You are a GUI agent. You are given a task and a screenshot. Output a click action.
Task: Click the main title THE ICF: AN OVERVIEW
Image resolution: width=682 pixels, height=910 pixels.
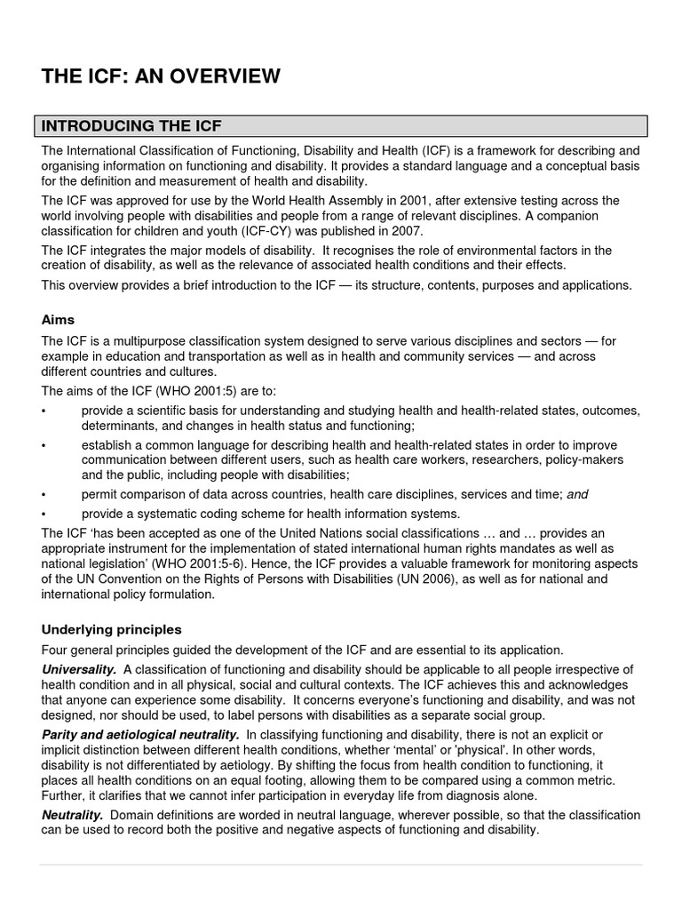pyautogui.click(x=161, y=77)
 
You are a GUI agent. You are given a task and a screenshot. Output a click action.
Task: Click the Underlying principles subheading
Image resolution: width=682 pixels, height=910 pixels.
pyautogui.click(x=111, y=629)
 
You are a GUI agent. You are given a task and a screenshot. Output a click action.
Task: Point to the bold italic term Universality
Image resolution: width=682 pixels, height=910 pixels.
pyautogui.click(x=79, y=668)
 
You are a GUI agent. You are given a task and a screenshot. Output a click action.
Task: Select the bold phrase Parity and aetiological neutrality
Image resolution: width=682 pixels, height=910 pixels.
pyautogui.click(x=140, y=734)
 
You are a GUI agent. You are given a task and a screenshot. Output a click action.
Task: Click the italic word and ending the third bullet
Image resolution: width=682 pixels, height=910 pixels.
pyautogui.click(x=578, y=494)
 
